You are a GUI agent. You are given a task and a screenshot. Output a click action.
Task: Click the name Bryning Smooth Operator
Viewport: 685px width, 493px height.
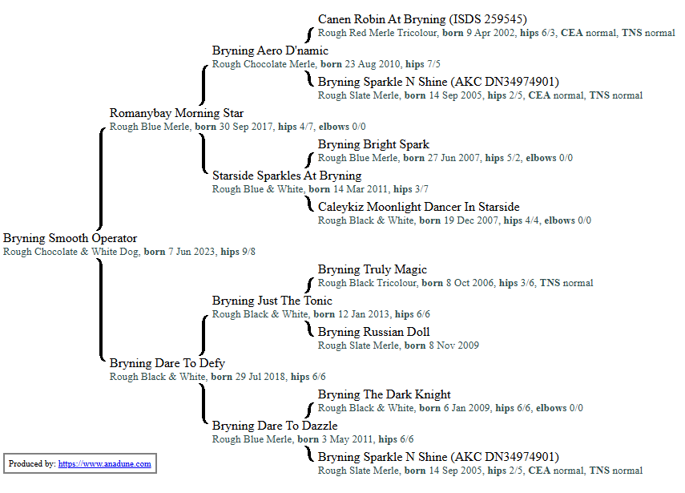(70, 238)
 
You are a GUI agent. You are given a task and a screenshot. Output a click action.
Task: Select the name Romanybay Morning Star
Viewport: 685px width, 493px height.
(176, 113)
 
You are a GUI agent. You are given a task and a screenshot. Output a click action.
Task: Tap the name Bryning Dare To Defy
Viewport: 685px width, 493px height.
(167, 363)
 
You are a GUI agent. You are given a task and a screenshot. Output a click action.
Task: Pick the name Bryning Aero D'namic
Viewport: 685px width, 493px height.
(270, 51)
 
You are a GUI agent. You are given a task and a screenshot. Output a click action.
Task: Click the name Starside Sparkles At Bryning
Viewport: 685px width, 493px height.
(287, 176)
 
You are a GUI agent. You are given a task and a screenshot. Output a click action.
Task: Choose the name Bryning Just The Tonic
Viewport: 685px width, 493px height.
(267, 301)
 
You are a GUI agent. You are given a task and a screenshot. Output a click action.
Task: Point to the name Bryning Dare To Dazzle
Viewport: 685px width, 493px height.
(275, 426)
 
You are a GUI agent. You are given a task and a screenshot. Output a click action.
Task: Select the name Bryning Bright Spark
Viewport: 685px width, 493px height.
(373, 144)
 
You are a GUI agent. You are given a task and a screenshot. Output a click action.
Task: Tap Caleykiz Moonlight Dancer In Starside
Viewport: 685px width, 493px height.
(418, 207)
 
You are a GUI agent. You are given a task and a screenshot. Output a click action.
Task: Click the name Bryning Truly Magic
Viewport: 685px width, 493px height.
(373, 269)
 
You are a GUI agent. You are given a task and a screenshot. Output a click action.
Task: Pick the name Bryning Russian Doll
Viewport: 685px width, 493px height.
(373, 332)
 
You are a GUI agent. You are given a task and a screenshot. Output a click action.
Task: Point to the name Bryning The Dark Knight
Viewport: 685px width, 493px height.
(385, 394)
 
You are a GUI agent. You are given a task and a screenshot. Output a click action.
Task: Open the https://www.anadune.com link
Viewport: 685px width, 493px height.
(104, 463)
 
